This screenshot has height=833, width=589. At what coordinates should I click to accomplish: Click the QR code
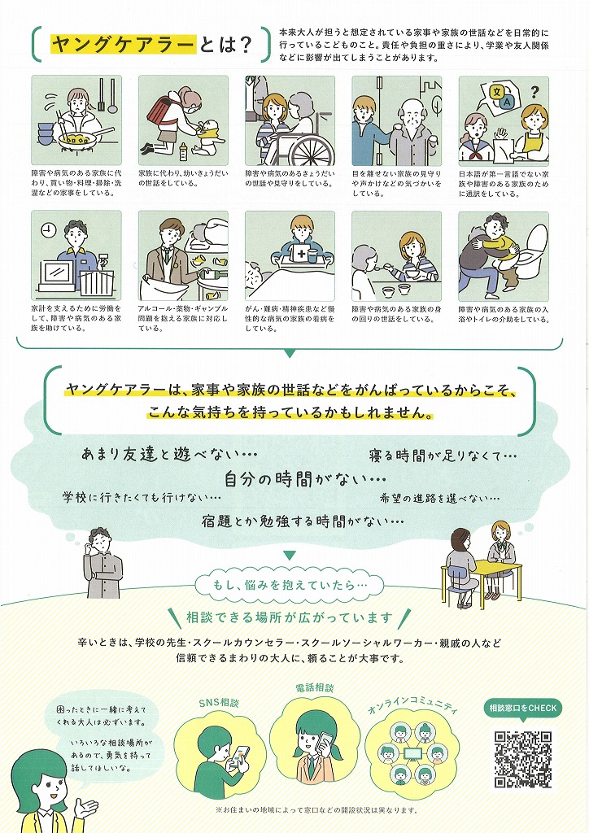pyautogui.click(x=523, y=759)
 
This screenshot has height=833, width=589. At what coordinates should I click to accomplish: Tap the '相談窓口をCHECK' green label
pyautogui.click(x=522, y=709)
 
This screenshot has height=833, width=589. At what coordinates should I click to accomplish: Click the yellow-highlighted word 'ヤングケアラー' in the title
pyautogui.click(x=123, y=45)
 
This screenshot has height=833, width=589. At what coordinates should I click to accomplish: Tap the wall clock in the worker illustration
pyautogui.click(x=48, y=229)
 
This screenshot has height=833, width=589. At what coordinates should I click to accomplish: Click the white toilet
pyautogui.click(x=531, y=254)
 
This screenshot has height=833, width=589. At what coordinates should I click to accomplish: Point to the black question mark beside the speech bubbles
pyautogui.click(x=534, y=94)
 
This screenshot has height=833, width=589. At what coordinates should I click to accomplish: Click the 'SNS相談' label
pyautogui.click(x=219, y=703)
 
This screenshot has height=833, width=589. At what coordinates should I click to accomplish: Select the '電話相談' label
pyautogui.click(x=314, y=688)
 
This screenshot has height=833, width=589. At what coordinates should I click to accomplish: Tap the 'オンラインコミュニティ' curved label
pyautogui.click(x=412, y=707)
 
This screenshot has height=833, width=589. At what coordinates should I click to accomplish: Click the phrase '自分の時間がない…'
pyautogui.click(x=305, y=479)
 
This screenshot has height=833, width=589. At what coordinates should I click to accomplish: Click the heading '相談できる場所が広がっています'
pyautogui.click(x=290, y=617)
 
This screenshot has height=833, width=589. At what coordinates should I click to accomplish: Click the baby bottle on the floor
pyautogui.click(x=184, y=152)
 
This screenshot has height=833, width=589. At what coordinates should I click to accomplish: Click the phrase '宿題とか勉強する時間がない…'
pyautogui.click(x=303, y=521)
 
